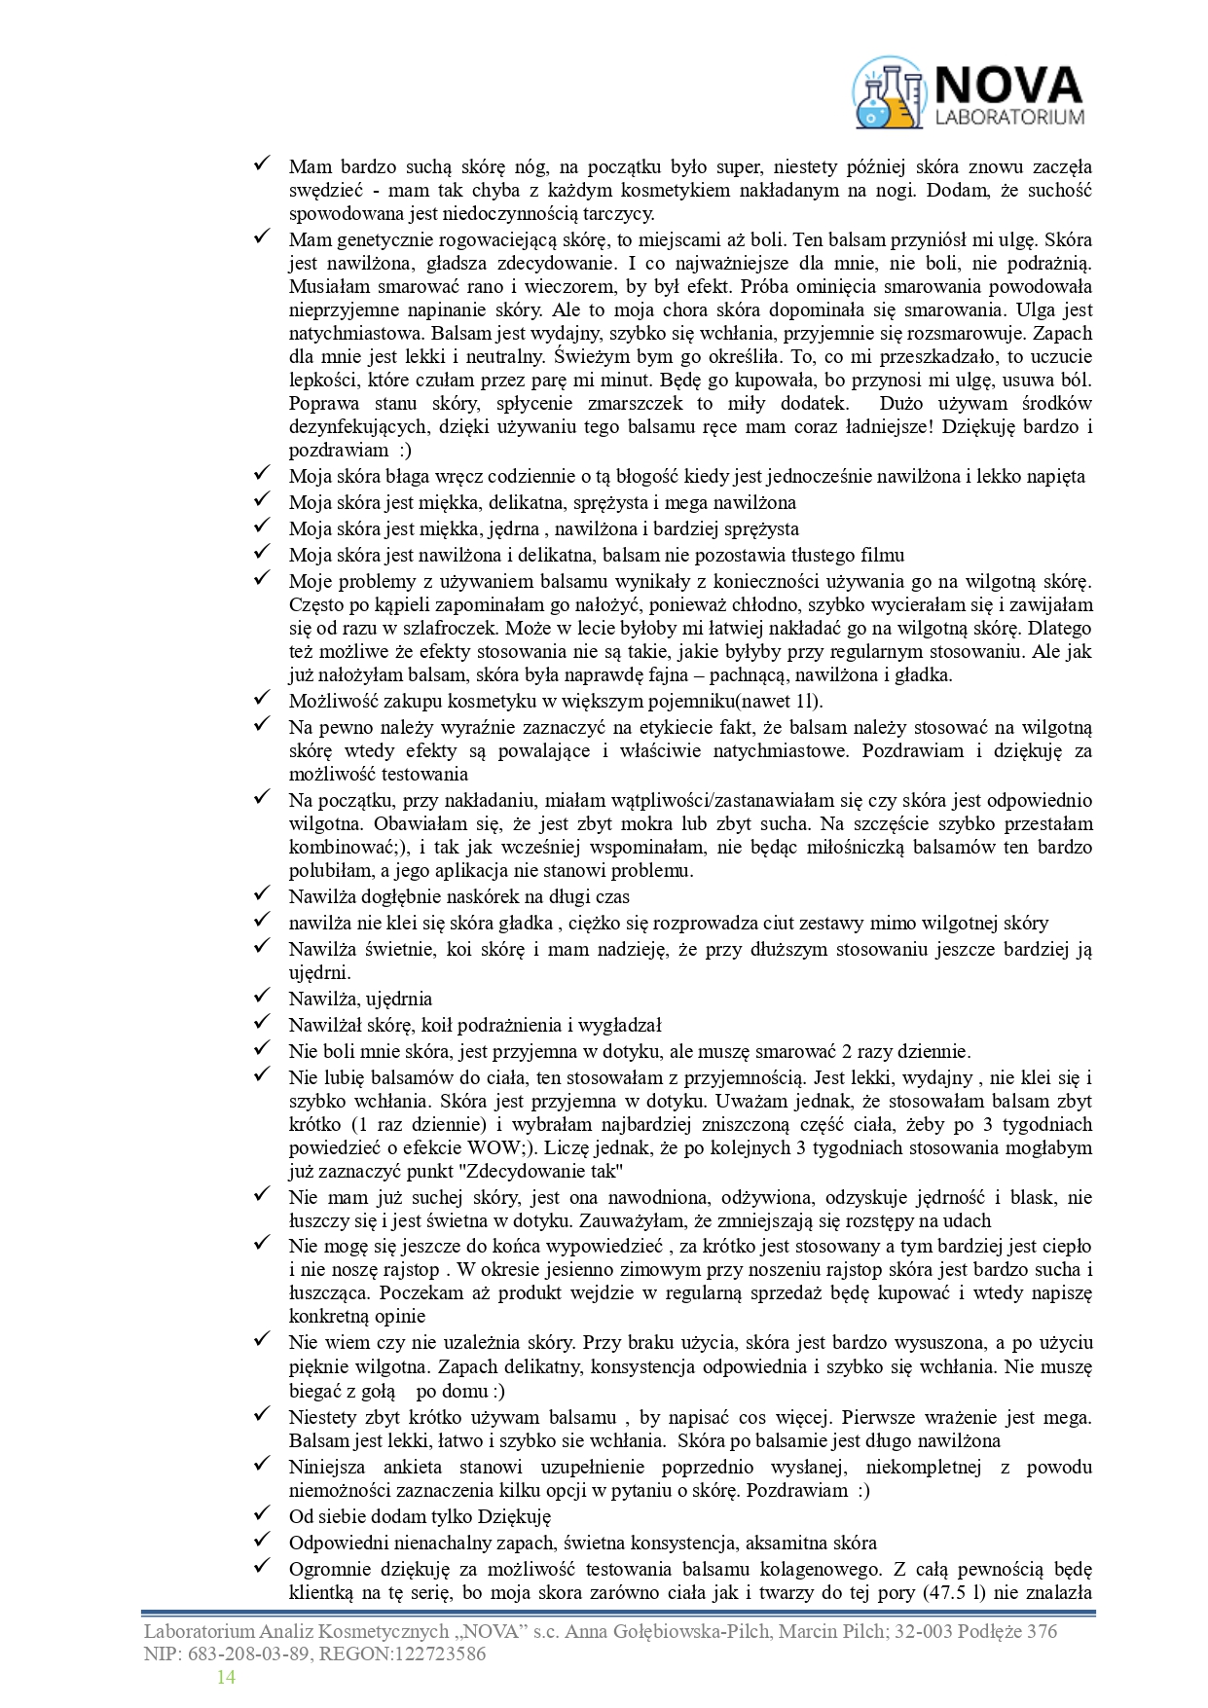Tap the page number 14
tap(226, 1677)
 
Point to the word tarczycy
tap(617, 214)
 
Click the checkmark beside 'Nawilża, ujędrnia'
tap(262, 996)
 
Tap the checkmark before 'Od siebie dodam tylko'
tap(262, 1513)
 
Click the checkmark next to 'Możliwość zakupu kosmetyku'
tap(262, 698)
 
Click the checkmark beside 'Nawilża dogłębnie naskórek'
tap(262, 893)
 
